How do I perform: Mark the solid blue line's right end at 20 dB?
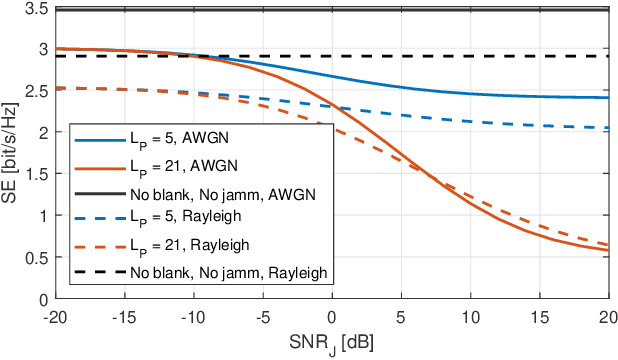tap(609, 98)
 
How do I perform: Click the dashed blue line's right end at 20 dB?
tap(609, 128)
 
